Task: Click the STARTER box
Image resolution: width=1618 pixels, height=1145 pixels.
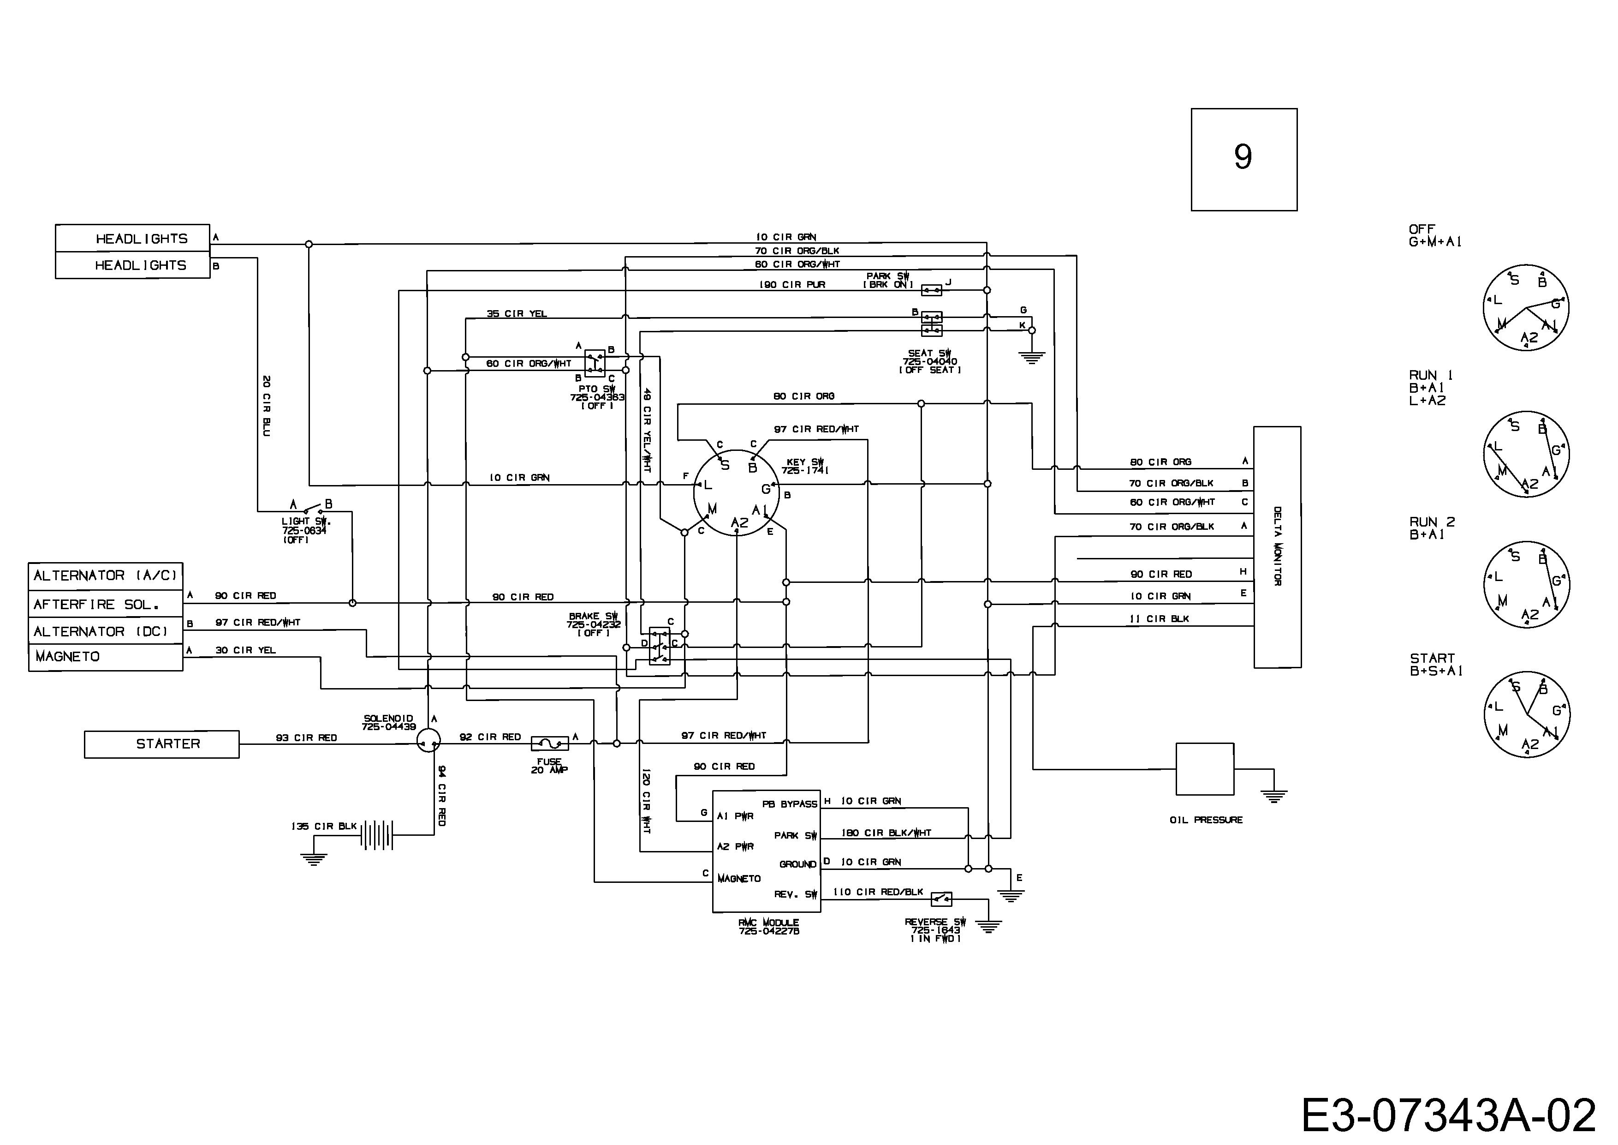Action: [x=161, y=744]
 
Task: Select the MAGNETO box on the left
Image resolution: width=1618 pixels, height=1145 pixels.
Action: [x=106, y=657]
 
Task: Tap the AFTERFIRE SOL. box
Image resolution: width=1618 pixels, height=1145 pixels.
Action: [x=106, y=604]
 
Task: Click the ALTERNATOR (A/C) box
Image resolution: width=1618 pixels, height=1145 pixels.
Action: [x=106, y=576]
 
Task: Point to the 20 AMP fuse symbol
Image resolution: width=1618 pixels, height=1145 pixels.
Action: [x=550, y=743]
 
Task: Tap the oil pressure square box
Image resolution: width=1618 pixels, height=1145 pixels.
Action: [x=1205, y=769]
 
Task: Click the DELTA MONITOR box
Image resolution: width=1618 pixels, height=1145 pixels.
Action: [x=1277, y=547]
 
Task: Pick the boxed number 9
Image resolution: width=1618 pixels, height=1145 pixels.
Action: [x=1244, y=159]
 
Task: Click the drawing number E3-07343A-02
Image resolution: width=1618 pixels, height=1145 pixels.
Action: [x=1448, y=1116]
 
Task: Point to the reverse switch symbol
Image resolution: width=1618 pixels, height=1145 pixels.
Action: [x=941, y=899]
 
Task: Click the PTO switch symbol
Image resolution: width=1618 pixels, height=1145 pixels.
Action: [x=595, y=363]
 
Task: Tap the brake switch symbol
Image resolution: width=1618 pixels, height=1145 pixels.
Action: [x=660, y=646]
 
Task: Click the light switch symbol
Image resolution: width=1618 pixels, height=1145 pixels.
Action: [x=310, y=508]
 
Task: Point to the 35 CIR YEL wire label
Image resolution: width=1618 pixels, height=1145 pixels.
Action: [x=517, y=314]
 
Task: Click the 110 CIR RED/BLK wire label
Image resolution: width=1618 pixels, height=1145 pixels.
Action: [x=878, y=892]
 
